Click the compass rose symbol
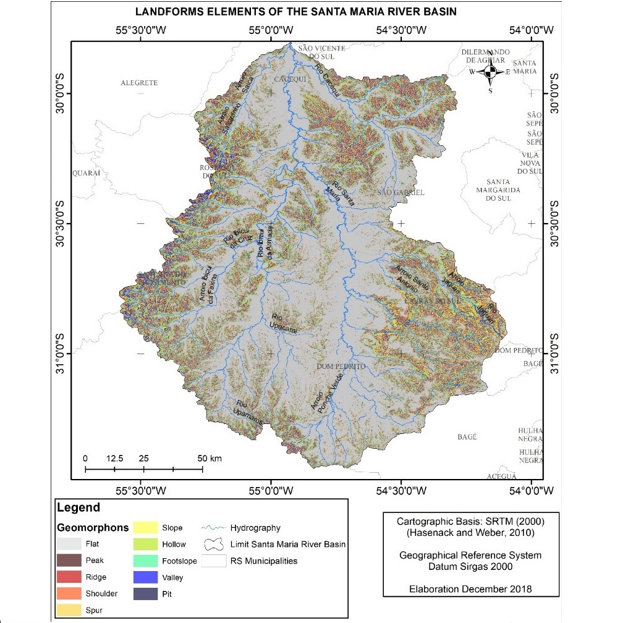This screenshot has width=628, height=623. [490, 72]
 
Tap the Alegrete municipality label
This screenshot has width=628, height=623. [139, 83]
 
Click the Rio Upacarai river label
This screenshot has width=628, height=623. [284, 323]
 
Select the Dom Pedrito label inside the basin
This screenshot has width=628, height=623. [341, 367]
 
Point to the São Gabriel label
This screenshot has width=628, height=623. [401, 193]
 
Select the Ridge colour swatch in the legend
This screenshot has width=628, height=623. [70, 577]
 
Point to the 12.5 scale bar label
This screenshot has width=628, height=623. [115, 459]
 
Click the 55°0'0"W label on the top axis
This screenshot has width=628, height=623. [271, 30]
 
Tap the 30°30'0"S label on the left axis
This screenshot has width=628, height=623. [61, 223]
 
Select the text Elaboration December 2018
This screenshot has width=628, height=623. [470, 589]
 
